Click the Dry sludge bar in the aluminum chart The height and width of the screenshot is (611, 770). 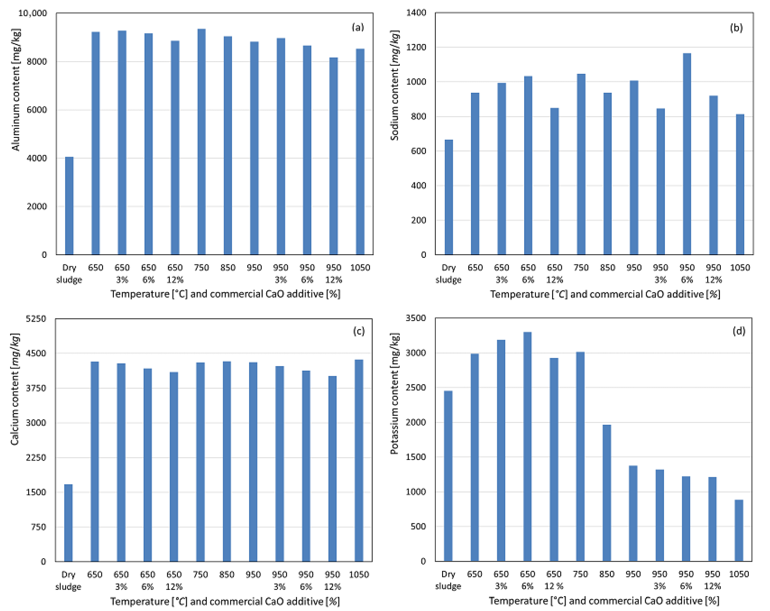tap(69, 206)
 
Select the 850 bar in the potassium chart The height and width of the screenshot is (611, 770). tap(607, 493)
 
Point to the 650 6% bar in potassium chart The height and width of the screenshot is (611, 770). tap(527, 447)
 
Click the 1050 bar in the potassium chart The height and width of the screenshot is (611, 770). tap(739, 531)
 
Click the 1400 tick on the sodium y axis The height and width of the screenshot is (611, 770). tap(416, 13)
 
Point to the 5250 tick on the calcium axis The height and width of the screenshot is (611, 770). tap(36, 318)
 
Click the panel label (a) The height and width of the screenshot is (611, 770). tap(358, 27)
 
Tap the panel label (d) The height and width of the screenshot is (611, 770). tap(739, 331)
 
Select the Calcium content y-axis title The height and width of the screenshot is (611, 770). tap(15, 389)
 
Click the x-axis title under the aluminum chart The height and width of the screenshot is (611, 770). tap(225, 294)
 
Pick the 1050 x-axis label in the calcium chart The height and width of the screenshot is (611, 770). tap(359, 574)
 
